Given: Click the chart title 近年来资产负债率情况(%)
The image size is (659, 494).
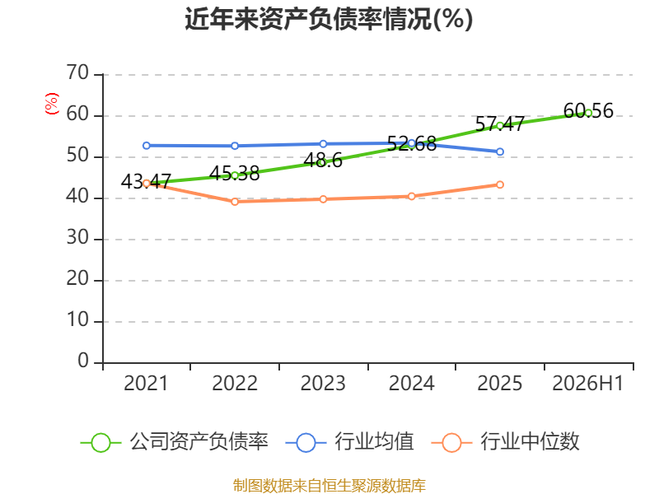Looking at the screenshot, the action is [329, 19].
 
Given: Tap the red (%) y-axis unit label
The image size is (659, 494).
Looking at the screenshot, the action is [52, 104].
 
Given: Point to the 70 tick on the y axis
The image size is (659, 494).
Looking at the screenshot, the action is [77, 73].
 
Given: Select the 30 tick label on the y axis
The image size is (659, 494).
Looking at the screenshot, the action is [77, 238].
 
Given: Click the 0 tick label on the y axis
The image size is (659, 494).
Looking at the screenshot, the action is [83, 361].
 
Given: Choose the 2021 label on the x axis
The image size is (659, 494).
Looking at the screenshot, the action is [146, 384].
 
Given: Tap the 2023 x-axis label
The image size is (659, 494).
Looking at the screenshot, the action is [323, 384].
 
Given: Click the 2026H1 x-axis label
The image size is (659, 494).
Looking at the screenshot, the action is [587, 384].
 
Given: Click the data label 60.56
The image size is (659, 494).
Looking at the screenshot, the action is [588, 111].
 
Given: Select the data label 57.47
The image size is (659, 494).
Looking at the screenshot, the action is [500, 124].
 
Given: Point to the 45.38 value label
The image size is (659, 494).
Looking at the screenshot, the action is [235, 174].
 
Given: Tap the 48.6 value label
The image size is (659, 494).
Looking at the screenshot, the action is [323, 161].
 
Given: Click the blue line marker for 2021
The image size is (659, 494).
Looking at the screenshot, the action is [147, 146].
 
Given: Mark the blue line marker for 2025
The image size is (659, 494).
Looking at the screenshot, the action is [500, 151].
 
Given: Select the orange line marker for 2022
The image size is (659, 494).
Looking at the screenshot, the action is [235, 202].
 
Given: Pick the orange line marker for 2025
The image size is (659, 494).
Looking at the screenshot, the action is [500, 184].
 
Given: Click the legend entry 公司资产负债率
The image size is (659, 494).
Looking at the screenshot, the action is [174, 442].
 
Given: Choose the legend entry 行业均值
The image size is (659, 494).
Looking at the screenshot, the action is [349, 442].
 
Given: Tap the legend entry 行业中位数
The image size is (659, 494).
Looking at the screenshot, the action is [505, 442].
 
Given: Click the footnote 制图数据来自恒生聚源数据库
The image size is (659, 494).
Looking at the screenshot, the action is [329, 486].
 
